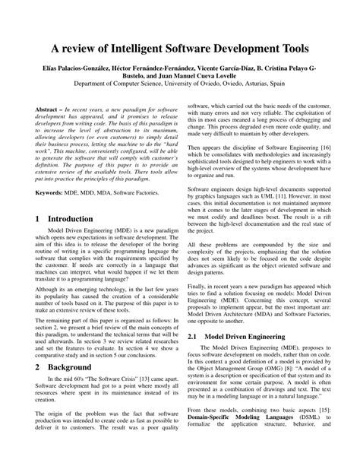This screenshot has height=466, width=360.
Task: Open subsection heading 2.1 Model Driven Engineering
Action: pos(236,335)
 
